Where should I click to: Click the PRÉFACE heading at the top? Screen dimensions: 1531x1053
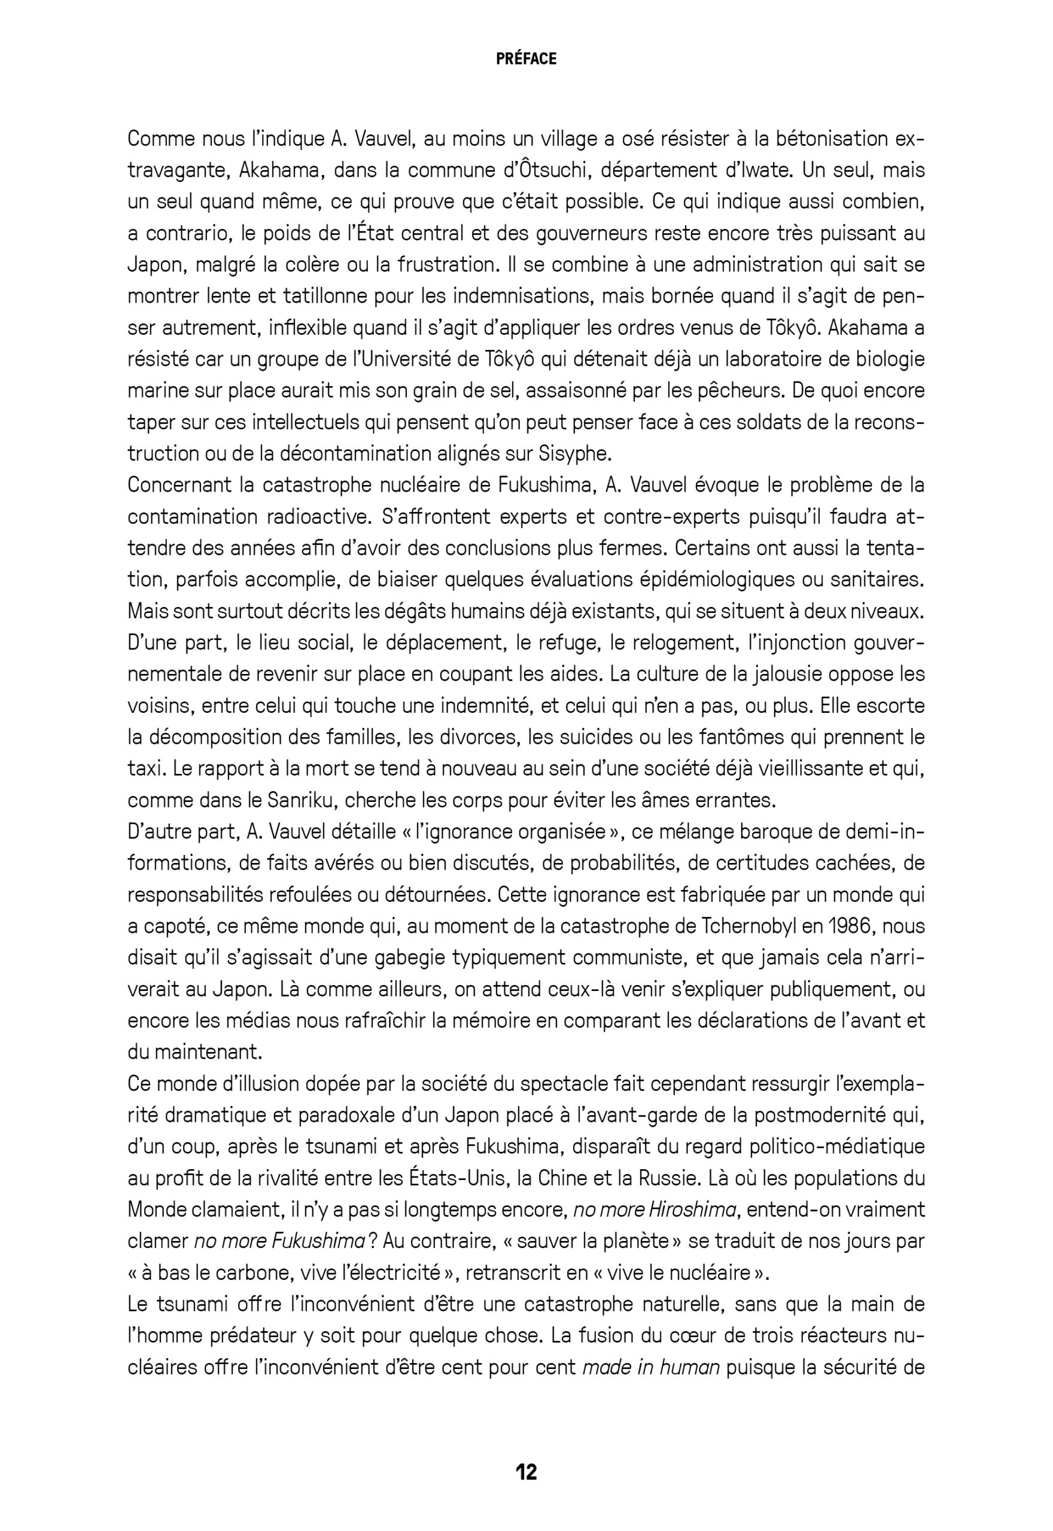tap(526, 59)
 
